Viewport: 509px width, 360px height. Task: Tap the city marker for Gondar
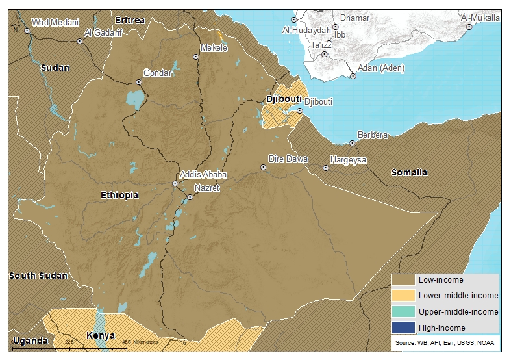pyautogui.click(x=138, y=82)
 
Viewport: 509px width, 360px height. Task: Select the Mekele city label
pyautogui.click(x=214, y=48)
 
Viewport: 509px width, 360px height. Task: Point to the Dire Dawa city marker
pyautogui.click(x=264, y=167)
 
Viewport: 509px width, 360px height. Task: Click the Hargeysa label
pyautogui.click(x=348, y=159)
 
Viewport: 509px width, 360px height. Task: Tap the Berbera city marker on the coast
pyautogui.click(x=353, y=143)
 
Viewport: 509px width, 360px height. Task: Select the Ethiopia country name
pyautogui.click(x=119, y=195)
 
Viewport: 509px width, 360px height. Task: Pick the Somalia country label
pyautogui.click(x=409, y=172)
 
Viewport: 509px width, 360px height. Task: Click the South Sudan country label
pyautogui.click(x=38, y=276)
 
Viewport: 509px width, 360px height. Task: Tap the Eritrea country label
pyautogui.click(x=130, y=20)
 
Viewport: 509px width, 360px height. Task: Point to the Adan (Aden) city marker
pyautogui.click(x=353, y=77)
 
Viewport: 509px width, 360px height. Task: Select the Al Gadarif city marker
pyautogui.click(x=80, y=42)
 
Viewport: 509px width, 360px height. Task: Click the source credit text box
pyautogui.click(x=445, y=342)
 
